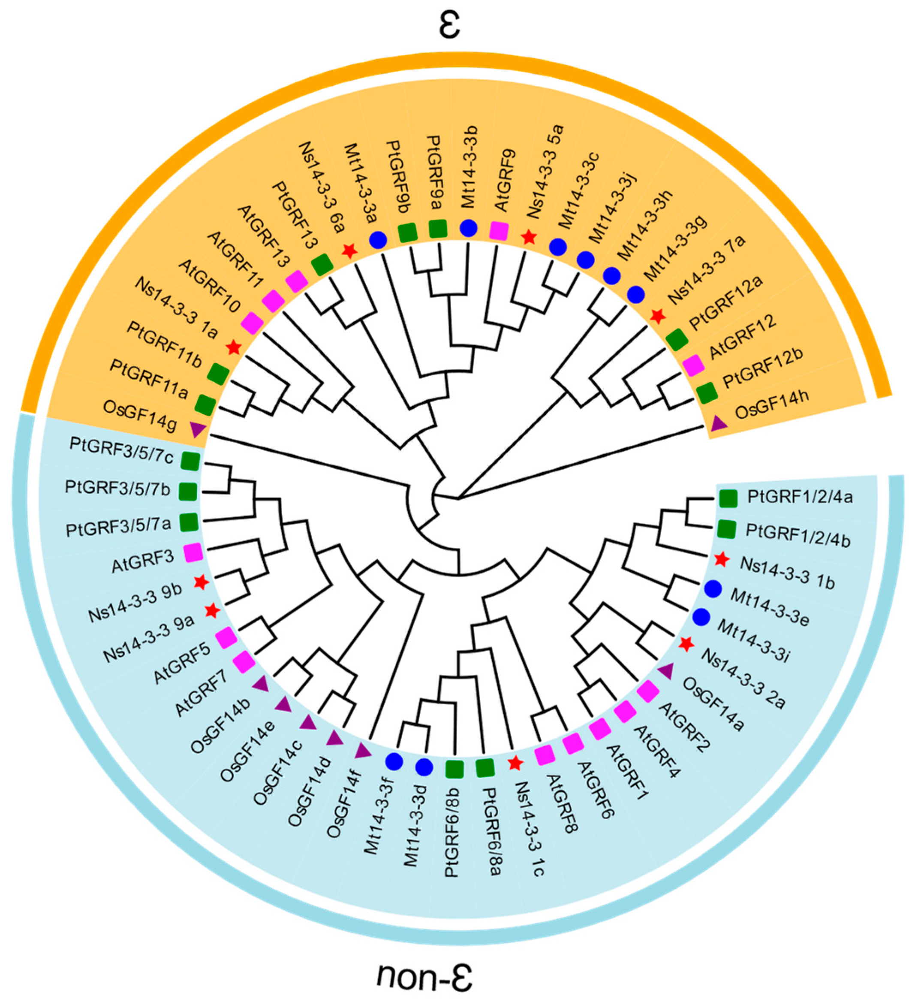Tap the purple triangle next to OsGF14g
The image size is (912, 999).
(198, 429)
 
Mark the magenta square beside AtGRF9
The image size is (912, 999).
(499, 231)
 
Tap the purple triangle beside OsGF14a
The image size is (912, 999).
(665, 671)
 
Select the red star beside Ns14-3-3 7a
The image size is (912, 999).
(657, 315)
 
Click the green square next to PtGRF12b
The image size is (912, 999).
(707, 392)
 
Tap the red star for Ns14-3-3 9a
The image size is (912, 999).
(212, 610)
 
